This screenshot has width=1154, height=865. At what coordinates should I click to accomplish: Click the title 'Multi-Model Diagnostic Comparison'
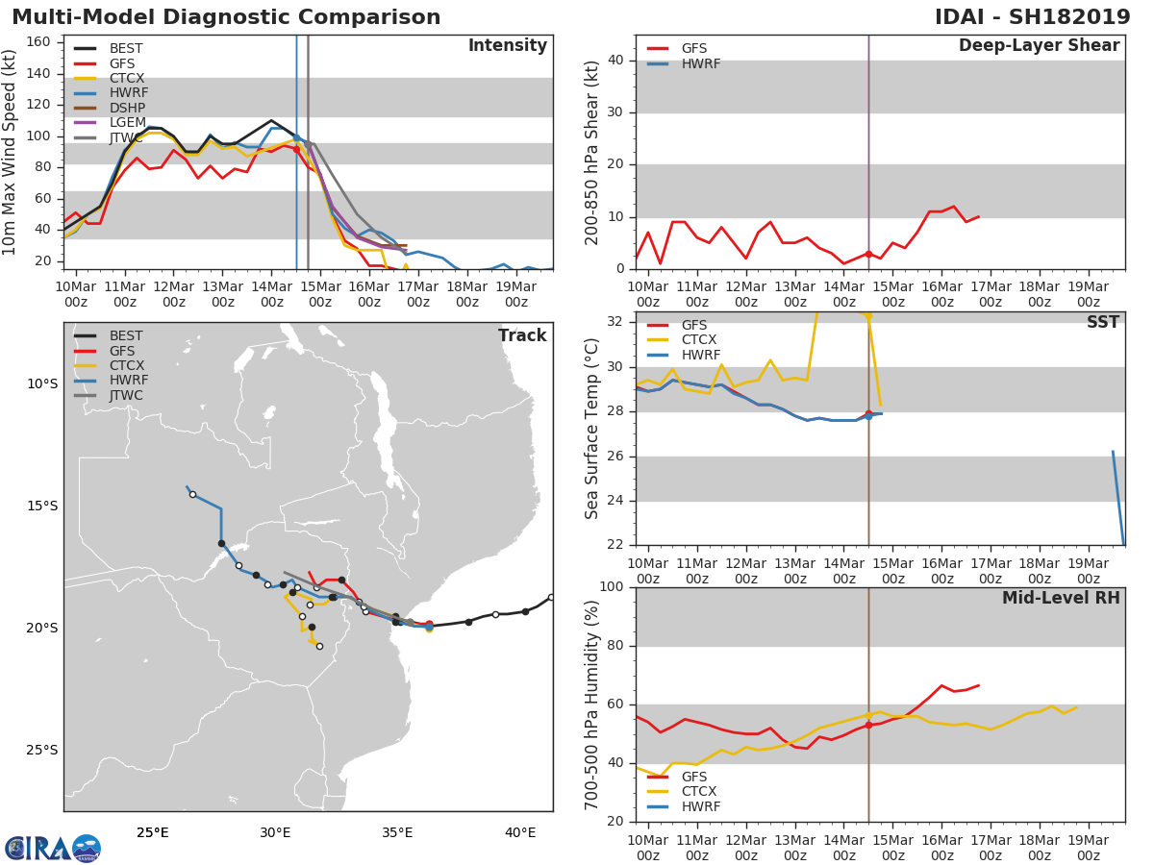click(x=226, y=17)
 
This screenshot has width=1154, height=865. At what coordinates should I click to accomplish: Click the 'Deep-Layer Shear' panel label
click(x=1039, y=46)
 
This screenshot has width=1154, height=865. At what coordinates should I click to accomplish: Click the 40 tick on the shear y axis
click(x=616, y=61)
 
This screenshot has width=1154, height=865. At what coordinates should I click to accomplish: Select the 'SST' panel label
click(x=1102, y=323)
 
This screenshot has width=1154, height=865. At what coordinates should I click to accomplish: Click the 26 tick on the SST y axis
click(x=616, y=456)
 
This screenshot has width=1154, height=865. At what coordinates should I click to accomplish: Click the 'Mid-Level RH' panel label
click(x=1060, y=599)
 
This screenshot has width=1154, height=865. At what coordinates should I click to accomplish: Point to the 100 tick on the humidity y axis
click(x=612, y=587)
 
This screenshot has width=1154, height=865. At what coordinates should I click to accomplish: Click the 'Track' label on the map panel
click(x=521, y=335)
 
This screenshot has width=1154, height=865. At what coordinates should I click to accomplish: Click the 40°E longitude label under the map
click(x=519, y=832)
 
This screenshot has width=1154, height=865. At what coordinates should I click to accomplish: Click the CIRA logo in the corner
click(x=53, y=848)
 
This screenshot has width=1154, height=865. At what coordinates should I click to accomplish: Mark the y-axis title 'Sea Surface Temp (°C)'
click(x=592, y=429)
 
